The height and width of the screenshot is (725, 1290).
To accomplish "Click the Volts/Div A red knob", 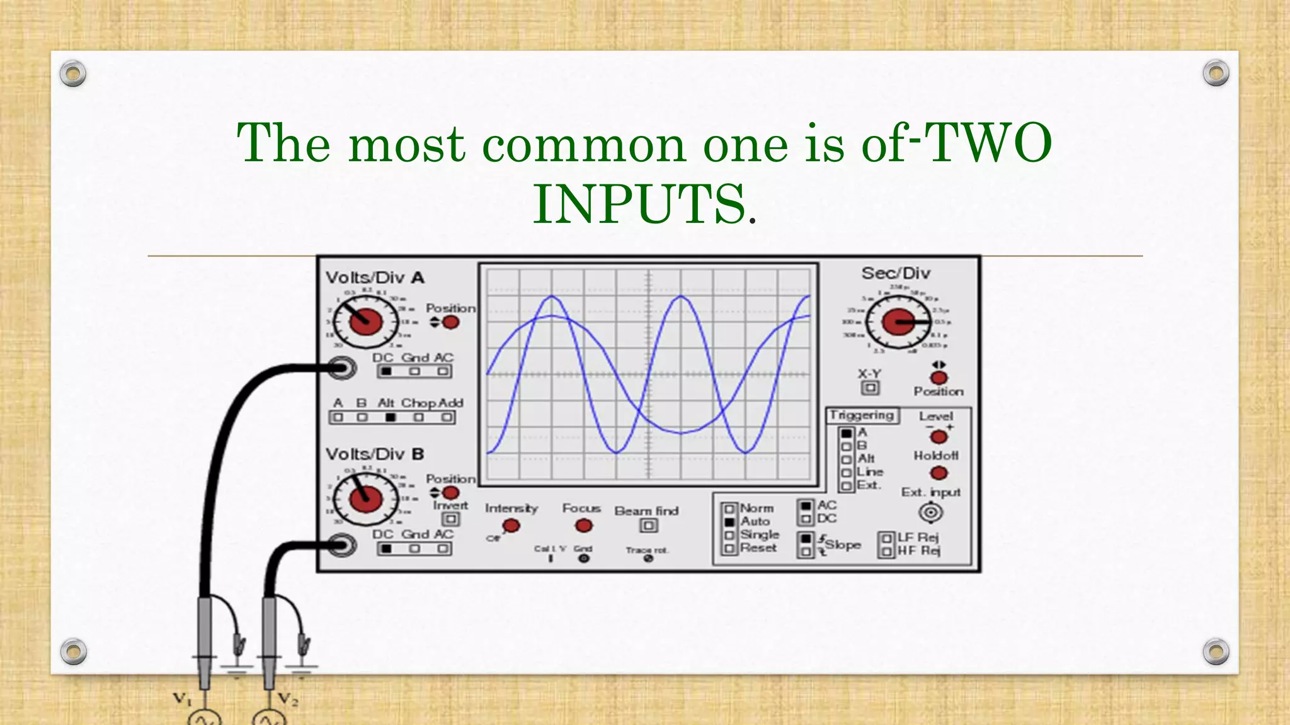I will pos(366,322).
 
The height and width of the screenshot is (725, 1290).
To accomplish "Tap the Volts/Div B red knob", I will pos(366,498).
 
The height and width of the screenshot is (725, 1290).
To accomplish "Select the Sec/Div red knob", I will pos(898,322).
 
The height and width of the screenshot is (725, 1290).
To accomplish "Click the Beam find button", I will pos(649,525).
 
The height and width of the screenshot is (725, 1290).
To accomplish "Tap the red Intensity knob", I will pos(511,525).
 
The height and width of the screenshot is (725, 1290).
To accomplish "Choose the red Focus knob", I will pos(584,525).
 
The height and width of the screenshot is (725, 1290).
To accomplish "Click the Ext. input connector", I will pos(930,512).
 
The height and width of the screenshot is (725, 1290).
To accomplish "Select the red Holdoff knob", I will pos(939,473).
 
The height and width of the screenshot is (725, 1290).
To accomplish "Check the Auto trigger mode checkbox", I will pos(729,522).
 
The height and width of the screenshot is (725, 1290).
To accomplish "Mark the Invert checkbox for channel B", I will pos(450,519).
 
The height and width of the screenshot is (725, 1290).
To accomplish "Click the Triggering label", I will pos(862,415).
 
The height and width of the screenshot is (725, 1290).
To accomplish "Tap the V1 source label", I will pos(182,698).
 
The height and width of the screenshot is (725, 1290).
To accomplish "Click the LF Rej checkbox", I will pos(887,538).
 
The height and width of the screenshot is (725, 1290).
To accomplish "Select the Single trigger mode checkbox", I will pos(729,536).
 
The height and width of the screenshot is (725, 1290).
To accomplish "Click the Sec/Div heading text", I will pos(896,273).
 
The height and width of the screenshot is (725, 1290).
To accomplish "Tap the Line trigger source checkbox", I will pos(847,473).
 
